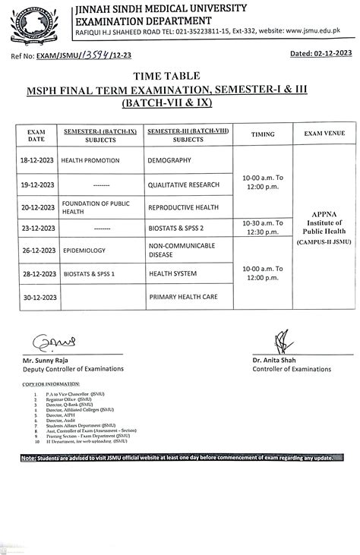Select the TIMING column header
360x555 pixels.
coord(263,134)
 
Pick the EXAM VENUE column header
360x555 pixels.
coord(324,134)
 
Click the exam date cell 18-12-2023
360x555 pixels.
coord(36,161)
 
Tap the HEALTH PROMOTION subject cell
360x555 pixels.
coord(89,161)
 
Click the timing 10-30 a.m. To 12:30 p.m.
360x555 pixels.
coord(263,228)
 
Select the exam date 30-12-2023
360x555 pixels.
coord(36,297)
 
